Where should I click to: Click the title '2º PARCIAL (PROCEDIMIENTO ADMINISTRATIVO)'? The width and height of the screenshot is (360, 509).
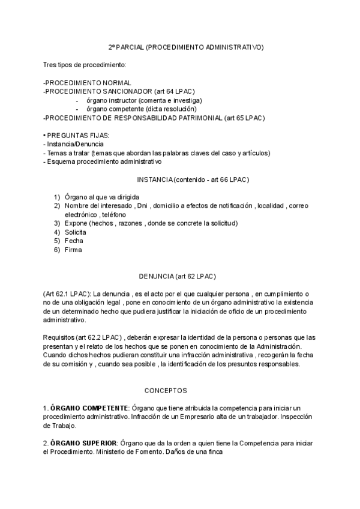[x=185, y=46]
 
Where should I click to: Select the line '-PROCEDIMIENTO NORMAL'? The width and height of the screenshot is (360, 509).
[x=88, y=82]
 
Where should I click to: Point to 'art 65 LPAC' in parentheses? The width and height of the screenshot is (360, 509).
[x=244, y=118]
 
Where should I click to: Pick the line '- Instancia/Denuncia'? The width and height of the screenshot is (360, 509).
[x=73, y=144]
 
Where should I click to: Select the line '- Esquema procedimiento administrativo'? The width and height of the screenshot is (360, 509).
[x=103, y=161]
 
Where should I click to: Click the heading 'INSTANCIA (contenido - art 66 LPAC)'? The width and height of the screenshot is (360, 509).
[x=193, y=179]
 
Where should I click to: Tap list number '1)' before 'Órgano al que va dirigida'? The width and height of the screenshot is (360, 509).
[x=57, y=197]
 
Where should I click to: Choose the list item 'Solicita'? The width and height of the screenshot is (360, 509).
[x=75, y=232]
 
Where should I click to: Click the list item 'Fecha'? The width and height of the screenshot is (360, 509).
[x=74, y=240]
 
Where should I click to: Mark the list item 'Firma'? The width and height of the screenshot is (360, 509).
[x=73, y=249]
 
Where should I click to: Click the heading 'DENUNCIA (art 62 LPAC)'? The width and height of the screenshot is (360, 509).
[x=177, y=276]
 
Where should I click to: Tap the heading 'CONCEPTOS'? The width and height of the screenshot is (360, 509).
[x=166, y=390]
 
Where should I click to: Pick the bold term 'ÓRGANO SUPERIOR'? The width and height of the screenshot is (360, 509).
[x=85, y=443]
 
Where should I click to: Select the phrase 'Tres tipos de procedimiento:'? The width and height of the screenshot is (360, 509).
[x=85, y=64]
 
